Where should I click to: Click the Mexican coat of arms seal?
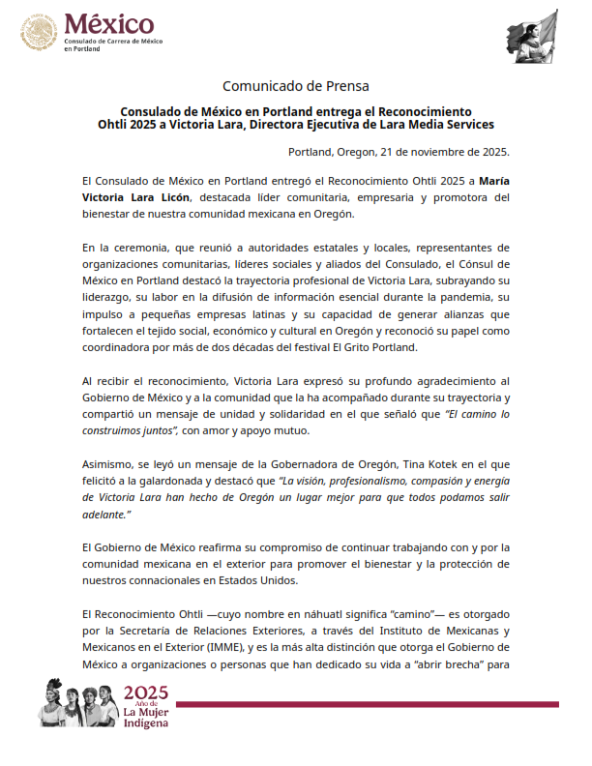tap(40, 36)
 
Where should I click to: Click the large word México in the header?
tap(107, 24)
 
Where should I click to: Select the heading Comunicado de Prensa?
tap(295, 86)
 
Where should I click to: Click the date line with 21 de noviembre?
tap(399, 152)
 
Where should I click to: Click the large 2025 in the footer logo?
tap(146, 692)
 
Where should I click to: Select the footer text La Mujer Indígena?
tap(146, 718)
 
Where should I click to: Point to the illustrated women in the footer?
tap(77, 703)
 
